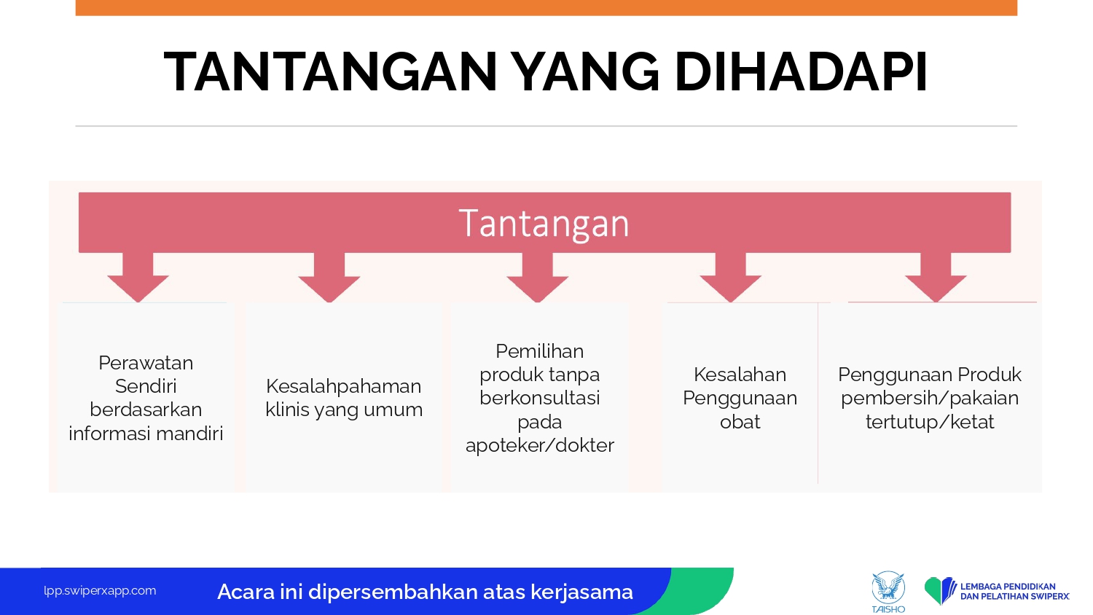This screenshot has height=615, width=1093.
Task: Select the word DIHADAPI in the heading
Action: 801,71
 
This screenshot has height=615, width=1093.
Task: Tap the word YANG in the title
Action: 587,71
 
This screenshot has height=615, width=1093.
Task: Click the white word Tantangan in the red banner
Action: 544,224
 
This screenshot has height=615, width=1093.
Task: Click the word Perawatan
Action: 146,363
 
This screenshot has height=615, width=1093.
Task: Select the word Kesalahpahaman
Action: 343,387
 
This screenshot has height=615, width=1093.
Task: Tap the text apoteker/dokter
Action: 540,445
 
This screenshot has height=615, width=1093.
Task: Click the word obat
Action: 740,422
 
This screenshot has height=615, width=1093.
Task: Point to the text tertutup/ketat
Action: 930,422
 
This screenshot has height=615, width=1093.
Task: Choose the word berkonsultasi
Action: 540,398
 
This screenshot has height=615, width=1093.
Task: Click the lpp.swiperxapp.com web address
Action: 100,591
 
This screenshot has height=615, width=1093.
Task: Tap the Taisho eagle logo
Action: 888,592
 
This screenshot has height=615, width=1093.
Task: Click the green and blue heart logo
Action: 940,591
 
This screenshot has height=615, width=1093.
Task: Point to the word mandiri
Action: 195,434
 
